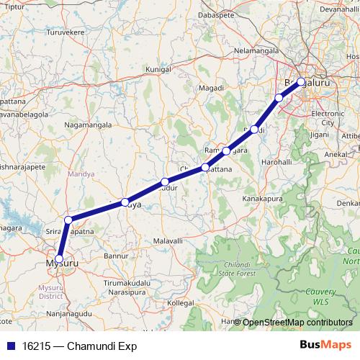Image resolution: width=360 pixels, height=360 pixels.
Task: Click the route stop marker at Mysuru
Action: click(x=59, y=258)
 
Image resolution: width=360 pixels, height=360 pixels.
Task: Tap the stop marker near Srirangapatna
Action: click(x=68, y=220)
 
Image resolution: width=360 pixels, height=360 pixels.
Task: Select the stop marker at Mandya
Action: click(x=125, y=202)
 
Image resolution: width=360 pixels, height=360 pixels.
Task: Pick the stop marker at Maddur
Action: click(x=165, y=181)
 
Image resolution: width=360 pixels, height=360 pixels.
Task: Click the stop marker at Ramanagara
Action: click(x=226, y=151)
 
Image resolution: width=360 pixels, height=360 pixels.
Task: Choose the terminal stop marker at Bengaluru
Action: click(x=301, y=82)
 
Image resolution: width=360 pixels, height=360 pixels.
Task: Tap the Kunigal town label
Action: click(x=159, y=69)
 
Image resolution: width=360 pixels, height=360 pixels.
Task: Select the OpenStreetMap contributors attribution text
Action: click(x=297, y=322)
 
